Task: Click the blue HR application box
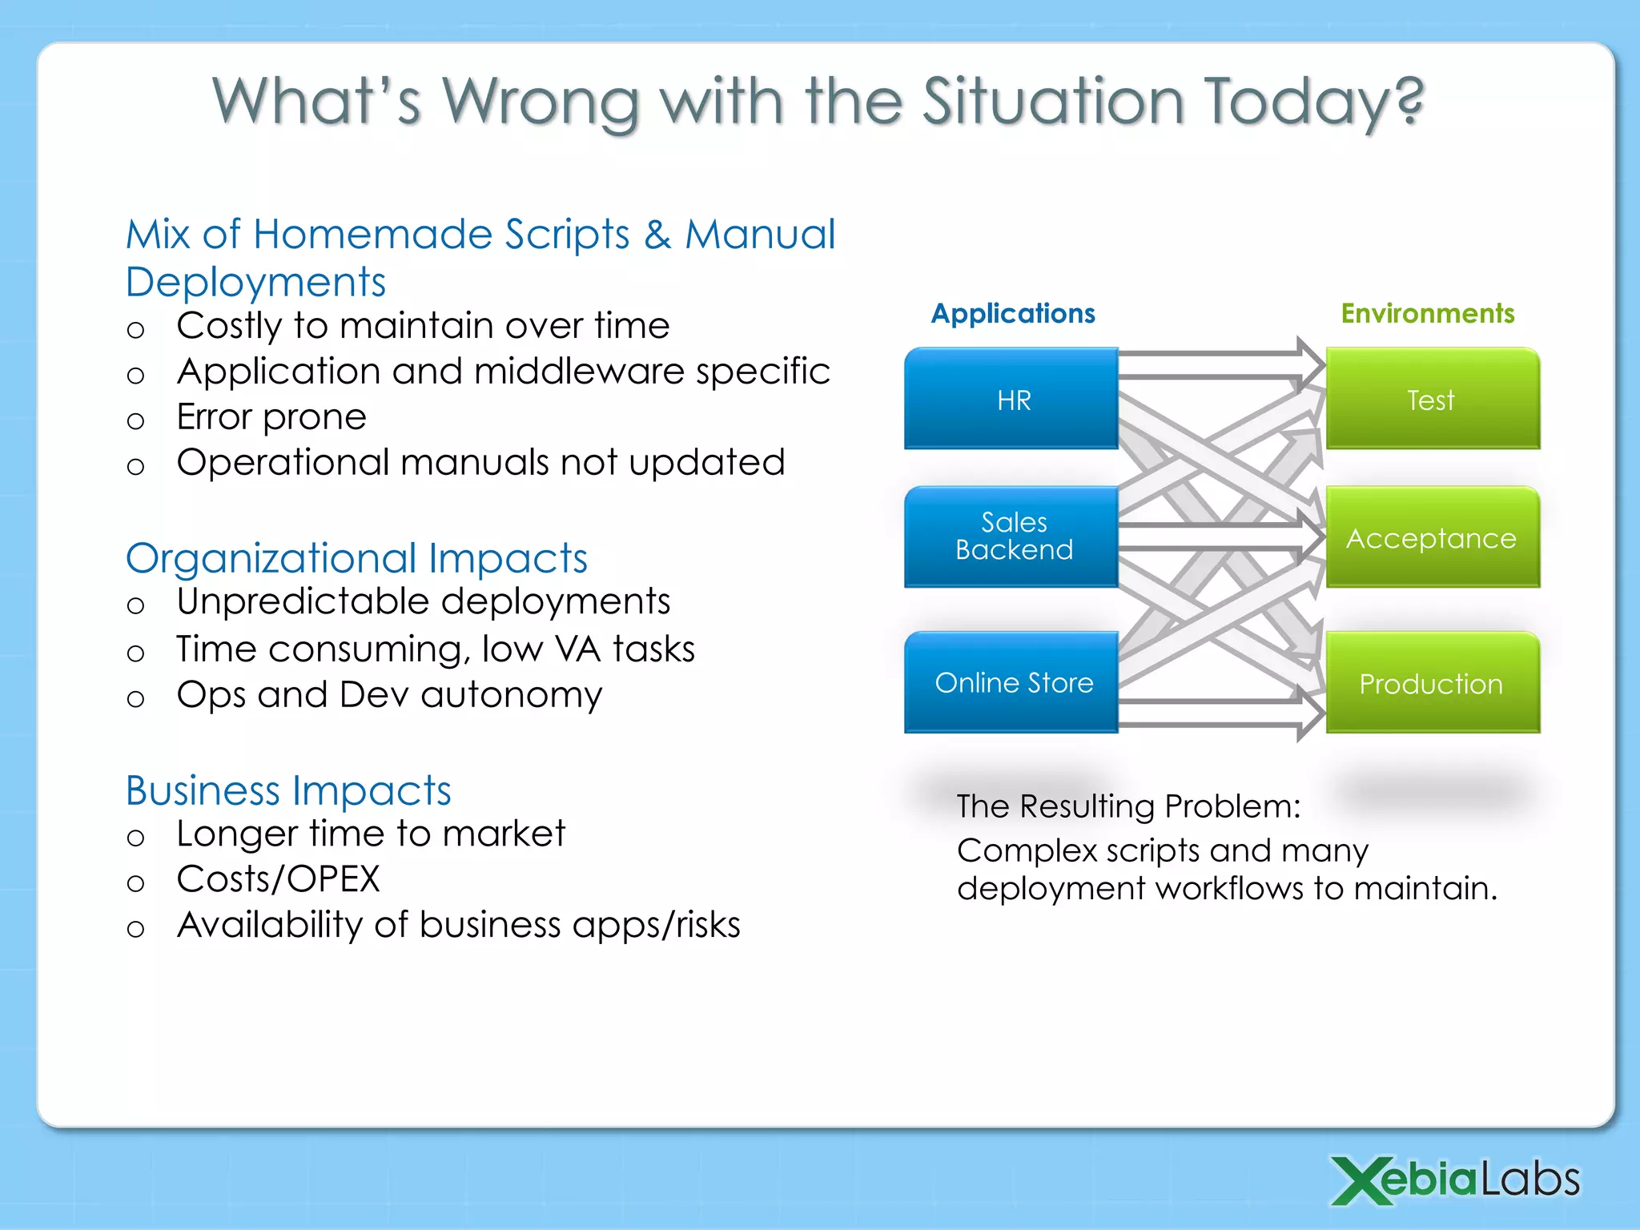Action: click(1011, 398)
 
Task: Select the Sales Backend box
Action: click(1011, 537)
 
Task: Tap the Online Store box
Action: click(1011, 682)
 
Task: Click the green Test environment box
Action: click(1433, 398)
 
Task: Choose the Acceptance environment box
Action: click(1433, 537)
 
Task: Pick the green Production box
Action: click(1433, 683)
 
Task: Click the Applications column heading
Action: click(1013, 313)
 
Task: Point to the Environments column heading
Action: click(1428, 313)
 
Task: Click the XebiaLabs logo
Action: click(1455, 1180)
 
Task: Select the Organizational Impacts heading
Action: click(356, 558)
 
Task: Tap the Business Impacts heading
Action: click(288, 790)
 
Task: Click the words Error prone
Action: click(271, 417)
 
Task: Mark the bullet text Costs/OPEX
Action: click(278, 879)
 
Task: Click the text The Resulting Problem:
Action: click(1128, 806)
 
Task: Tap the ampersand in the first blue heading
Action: click(657, 235)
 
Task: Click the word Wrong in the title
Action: click(541, 102)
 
